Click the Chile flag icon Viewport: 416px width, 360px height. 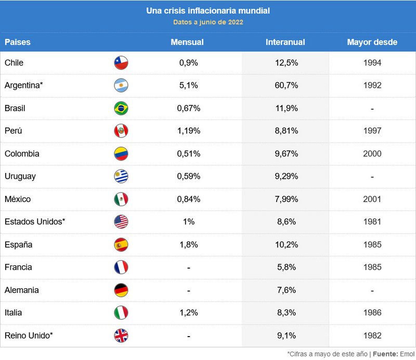121,63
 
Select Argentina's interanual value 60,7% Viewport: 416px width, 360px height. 287,85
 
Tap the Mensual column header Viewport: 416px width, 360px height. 187,42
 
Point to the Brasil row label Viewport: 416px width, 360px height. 15,108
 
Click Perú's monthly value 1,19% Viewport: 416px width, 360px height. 189,131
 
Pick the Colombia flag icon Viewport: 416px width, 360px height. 121,154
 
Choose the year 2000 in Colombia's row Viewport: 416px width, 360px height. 372,154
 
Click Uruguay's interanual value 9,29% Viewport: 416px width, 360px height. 287,176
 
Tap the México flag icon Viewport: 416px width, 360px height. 121,199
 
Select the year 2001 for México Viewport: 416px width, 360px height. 372,199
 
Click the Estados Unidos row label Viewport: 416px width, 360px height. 35,222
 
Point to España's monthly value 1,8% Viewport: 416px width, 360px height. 189,245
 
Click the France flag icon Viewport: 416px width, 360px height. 121,267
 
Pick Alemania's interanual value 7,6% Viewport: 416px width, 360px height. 287,290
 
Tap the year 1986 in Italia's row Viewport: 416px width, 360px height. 372,313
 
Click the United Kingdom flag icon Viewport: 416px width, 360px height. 121,336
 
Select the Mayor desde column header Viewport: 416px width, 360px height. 372,42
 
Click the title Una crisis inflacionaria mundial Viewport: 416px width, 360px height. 208,10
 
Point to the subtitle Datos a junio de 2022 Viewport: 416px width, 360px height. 208,22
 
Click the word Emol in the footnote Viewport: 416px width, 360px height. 407,354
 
